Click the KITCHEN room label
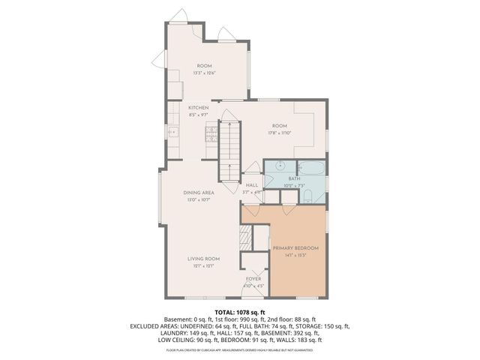click(199, 108)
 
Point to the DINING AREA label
click(199, 193)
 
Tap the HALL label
click(252, 184)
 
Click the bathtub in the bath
click(311, 167)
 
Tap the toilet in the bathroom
click(308, 197)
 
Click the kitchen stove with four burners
click(211, 134)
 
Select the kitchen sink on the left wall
click(172, 133)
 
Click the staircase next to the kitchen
click(229, 150)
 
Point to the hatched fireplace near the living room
click(244, 241)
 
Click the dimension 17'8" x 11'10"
click(280, 132)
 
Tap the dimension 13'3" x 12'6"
click(205, 73)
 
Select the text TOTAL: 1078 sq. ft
click(240, 312)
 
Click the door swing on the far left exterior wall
click(160, 60)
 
